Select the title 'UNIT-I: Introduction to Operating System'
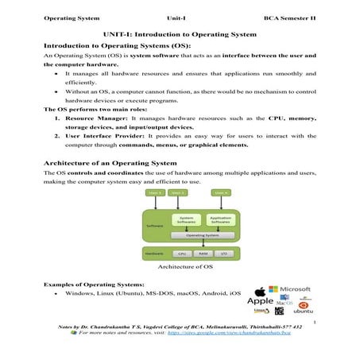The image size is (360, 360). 179,35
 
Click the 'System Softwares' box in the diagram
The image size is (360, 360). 188,219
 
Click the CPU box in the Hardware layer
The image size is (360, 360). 181,255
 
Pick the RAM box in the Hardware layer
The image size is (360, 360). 204,255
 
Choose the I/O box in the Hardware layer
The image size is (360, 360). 226,255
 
